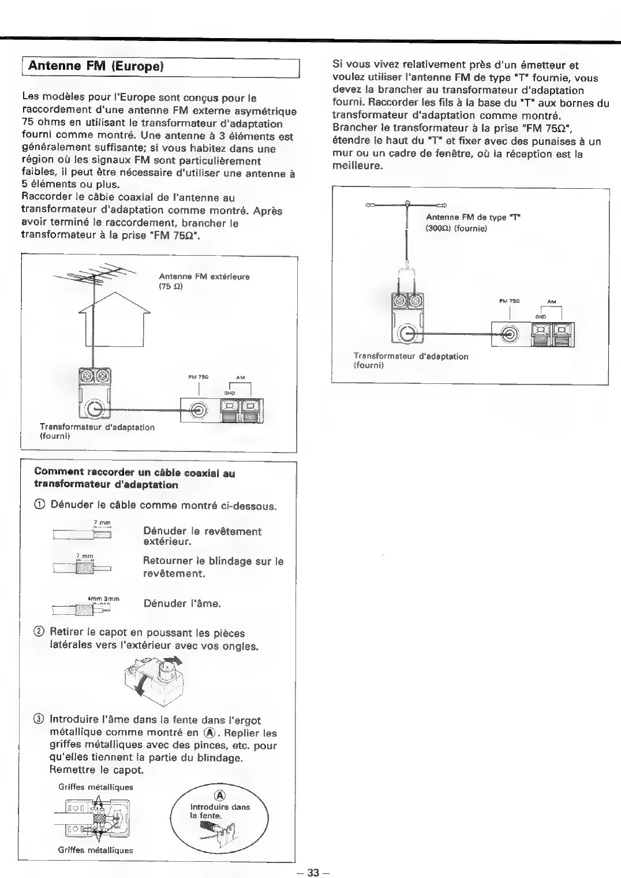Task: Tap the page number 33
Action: (313, 872)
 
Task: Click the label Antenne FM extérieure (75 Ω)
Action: (204, 281)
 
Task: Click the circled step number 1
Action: (39, 506)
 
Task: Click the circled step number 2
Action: (39, 633)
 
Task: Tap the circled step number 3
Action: (39, 720)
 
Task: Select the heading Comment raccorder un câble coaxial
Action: (134, 479)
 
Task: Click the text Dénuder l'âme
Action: (182, 604)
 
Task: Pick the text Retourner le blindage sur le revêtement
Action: (213, 567)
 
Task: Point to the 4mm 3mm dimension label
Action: (103, 599)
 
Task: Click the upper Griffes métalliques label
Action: (96, 787)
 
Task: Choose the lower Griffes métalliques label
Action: (95, 850)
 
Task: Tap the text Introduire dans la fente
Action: (220, 811)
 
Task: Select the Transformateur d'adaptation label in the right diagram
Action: (410, 361)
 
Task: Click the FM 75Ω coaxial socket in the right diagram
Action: (508, 334)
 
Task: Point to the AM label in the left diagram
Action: (241, 378)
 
